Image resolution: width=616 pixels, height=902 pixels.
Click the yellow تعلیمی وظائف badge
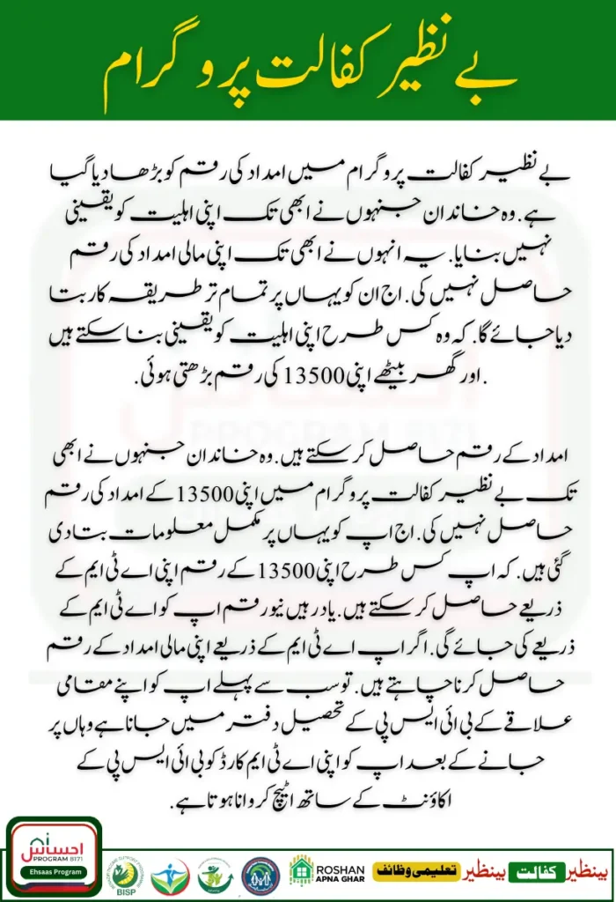coord(416,870)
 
